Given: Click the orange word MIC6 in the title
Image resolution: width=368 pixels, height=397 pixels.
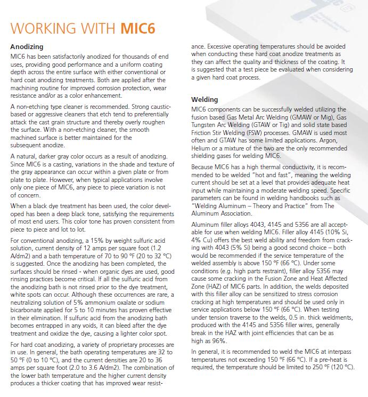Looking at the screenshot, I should (x=138, y=28).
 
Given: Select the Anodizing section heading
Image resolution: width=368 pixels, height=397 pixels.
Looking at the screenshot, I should (x=27, y=46).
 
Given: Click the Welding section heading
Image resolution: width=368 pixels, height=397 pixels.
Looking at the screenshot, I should (x=205, y=99).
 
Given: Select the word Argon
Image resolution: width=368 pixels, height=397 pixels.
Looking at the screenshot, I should (x=337, y=141).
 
